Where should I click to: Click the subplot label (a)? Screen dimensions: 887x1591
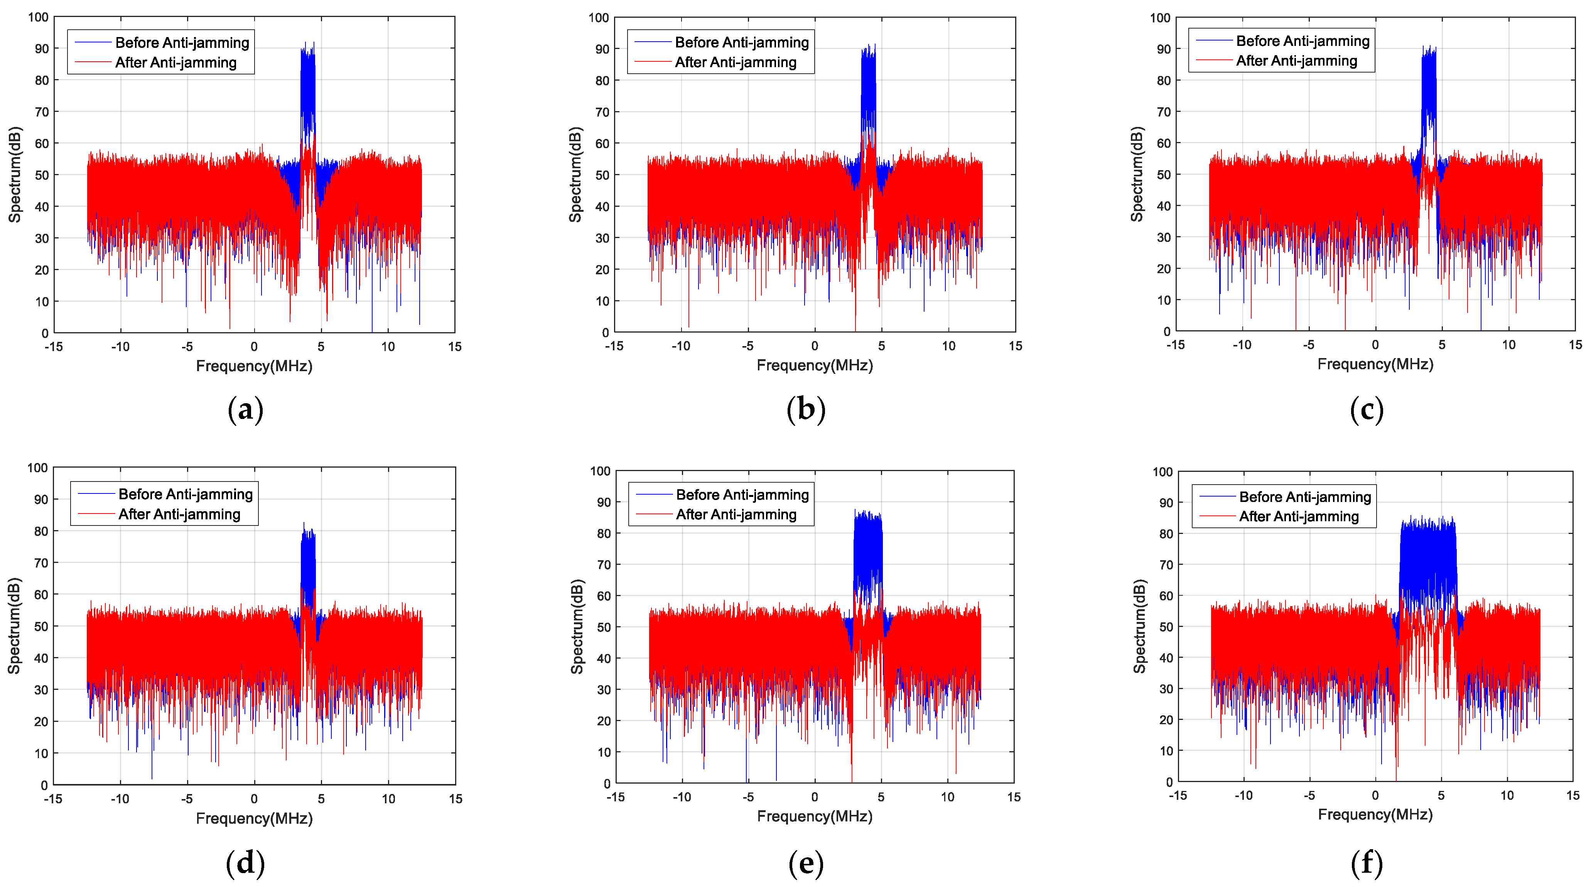245,410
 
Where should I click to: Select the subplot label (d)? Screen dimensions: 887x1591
245,863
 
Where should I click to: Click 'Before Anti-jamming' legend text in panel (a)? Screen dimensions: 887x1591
182,42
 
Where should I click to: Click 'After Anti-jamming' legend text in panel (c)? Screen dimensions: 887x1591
1296,61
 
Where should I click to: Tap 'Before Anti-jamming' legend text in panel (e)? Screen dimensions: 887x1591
742,495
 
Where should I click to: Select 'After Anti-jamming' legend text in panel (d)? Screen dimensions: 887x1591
179,515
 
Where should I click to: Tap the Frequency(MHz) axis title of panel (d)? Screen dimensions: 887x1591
254,818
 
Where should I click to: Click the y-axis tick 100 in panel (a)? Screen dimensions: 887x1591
38,17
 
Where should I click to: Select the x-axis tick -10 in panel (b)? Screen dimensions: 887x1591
681,346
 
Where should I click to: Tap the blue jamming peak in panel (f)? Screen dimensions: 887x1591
1427,556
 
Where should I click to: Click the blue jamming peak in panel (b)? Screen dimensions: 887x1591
868,80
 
